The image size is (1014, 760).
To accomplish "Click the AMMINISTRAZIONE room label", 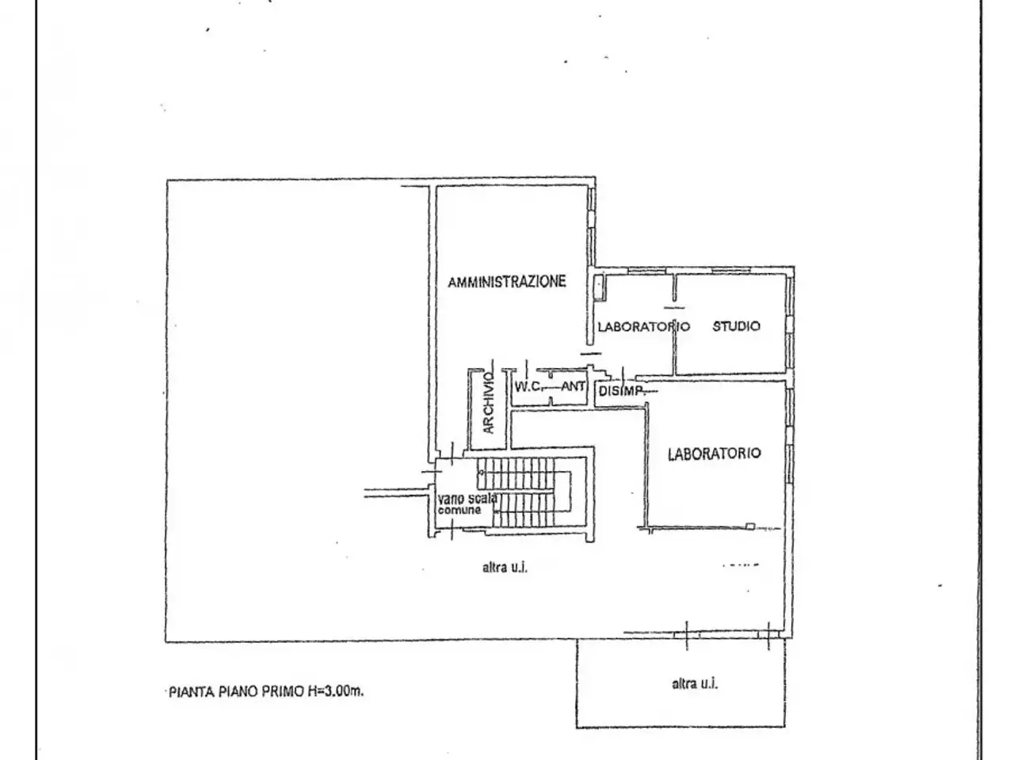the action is point(507,282).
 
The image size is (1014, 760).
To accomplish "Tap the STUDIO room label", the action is point(736,326).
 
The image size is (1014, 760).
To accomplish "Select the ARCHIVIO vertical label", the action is point(488,403).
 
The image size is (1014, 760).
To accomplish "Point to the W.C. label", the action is point(527,386).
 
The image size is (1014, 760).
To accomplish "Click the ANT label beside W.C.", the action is point(574,386).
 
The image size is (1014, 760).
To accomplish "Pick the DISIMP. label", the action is point(621,391).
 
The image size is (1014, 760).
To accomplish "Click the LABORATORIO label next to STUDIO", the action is point(643,327).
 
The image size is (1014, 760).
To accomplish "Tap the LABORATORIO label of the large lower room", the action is point(715,454).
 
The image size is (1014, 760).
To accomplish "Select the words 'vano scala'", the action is point(467,499).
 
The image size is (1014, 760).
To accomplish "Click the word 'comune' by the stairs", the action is point(459,510).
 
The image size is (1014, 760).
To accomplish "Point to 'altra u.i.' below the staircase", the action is point(505,567).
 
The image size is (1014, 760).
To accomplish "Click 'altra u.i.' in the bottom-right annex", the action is point(695,683).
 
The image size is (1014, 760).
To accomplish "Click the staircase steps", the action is point(524,492).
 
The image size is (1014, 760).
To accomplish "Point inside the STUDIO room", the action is point(730,351).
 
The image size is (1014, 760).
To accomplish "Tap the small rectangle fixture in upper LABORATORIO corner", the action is point(599,287).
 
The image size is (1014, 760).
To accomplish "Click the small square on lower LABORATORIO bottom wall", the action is point(750,526).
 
